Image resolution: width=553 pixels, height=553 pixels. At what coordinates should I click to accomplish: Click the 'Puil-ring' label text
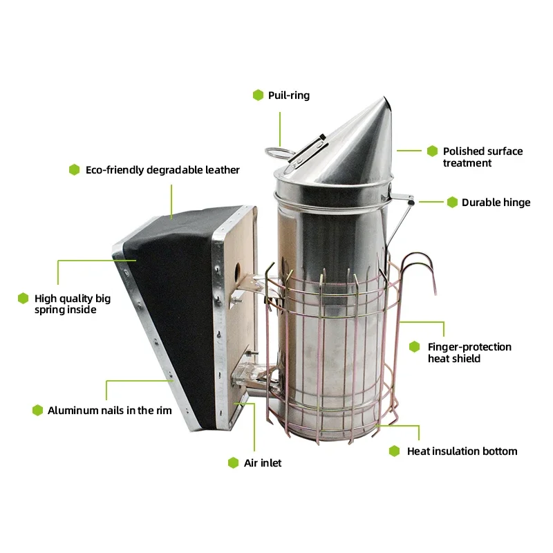coord(289,95)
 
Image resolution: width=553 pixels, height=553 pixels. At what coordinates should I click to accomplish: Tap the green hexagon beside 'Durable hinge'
coord(452,203)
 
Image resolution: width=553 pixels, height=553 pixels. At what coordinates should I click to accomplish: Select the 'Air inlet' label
coord(263,463)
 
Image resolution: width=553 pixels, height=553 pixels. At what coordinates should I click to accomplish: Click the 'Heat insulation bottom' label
coord(462,451)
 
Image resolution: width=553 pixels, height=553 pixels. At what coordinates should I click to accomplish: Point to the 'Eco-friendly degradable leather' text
coord(162,170)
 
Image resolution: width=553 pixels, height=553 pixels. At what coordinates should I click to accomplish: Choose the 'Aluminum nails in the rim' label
coord(110,411)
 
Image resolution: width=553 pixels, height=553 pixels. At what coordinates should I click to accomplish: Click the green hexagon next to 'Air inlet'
coord(233,463)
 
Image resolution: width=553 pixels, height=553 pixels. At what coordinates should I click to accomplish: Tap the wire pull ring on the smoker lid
coord(279,152)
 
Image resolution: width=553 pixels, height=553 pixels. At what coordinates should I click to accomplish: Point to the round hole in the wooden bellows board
coord(237,272)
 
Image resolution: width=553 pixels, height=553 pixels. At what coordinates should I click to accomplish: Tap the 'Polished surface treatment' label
coord(482,157)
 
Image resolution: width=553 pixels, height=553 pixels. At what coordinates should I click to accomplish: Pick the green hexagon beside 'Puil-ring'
coord(258,95)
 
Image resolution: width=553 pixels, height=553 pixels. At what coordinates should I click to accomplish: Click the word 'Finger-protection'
coord(469,347)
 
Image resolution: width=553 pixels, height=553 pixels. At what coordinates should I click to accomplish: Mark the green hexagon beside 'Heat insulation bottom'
coord(394,451)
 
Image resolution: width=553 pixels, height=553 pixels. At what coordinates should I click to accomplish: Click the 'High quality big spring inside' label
coord(73,304)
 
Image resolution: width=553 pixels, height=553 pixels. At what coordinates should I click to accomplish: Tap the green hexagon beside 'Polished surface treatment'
coord(432,151)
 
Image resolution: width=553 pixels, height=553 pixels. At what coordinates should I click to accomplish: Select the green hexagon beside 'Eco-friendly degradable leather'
coord(74,169)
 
